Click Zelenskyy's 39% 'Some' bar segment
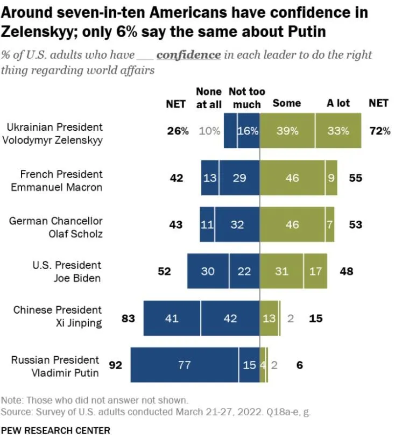[287, 131]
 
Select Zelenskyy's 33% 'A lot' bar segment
[338, 131]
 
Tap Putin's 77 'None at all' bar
[185, 365]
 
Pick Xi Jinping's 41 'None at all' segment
[172, 318]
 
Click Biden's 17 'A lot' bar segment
[315, 271]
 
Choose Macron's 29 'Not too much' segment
[239, 178]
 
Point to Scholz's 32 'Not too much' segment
[237, 224]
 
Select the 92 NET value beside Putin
[115, 365]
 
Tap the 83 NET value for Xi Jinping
[128, 318]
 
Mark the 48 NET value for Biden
[347, 271]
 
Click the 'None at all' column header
[208, 98]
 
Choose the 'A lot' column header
[338, 103]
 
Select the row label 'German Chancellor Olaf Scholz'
[55, 228]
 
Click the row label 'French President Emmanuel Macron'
[61, 181]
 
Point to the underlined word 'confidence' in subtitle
[188, 55]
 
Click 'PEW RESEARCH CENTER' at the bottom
[55, 430]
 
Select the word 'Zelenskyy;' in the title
[36, 31]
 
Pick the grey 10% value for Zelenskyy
[210, 131]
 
